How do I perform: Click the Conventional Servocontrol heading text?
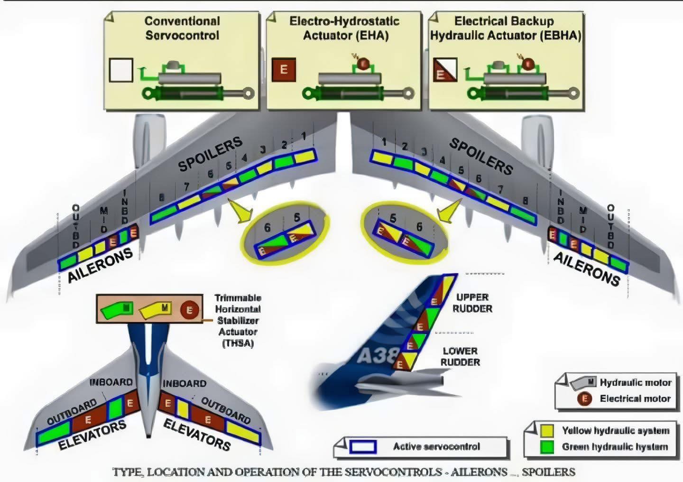tap(182, 28)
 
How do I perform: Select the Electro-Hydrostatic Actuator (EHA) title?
tap(344, 28)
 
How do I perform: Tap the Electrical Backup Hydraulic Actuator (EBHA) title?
tap(505, 28)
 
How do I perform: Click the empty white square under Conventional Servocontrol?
tap(121, 70)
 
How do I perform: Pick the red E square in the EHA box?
tap(284, 70)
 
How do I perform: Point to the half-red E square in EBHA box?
tap(445, 70)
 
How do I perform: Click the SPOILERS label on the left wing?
tap(210, 154)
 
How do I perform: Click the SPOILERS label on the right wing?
tap(481, 156)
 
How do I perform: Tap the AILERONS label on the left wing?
tap(100, 265)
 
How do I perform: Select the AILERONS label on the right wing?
tap(587, 269)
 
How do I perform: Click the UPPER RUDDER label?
tap(472, 303)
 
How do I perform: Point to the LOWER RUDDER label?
tap(460, 356)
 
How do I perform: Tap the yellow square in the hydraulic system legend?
tap(547, 430)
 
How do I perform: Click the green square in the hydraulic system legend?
tap(547, 446)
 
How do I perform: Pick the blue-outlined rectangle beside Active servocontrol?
tap(363, 446)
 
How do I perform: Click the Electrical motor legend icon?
tap(584, 399)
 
